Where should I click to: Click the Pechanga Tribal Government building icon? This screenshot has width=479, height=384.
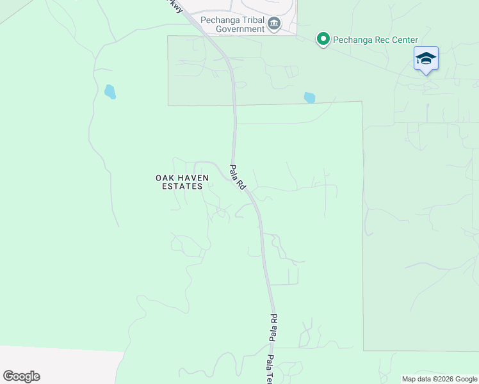(274, 24)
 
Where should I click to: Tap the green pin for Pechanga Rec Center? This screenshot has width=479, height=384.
(323, 40)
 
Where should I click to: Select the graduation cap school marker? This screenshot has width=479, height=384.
(426, 59)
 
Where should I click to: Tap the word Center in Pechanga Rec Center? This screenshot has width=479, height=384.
(402, 40)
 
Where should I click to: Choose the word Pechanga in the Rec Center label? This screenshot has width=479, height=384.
(349, 40)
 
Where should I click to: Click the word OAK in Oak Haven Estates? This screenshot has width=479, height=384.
(165, 177)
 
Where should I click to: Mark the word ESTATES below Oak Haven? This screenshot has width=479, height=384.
(179, 186)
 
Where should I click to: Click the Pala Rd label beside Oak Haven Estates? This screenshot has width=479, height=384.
(238, 177)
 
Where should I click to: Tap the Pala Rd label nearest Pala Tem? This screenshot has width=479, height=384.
(273, 327)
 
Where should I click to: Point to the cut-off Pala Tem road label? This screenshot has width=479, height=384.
(271, 369)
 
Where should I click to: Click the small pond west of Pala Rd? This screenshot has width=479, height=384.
(110, 92)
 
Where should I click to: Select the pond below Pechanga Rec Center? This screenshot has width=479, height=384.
(310, 98)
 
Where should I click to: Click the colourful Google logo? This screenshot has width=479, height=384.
(21, 376)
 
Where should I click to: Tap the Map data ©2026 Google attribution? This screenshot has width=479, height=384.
(440, 379)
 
